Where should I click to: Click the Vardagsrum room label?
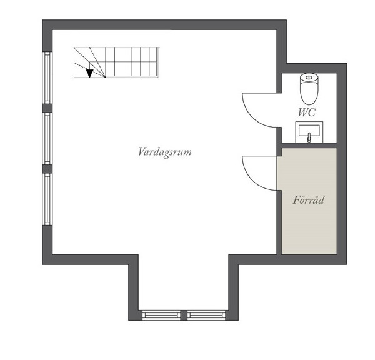(165, 152)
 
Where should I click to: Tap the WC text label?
(307, 112)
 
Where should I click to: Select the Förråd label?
(309, 200)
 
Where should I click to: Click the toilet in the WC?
(309, 89)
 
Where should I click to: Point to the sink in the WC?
(309, 132)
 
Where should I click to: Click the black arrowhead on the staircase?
(89, 73)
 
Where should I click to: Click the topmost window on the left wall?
(47, 77)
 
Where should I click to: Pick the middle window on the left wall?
(47, 138)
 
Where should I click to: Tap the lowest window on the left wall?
(47, 199)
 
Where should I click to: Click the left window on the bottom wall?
(161, 315)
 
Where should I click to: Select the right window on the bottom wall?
(206, 315)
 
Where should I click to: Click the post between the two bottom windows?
(184, 315)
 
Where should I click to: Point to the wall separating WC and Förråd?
(309, 145)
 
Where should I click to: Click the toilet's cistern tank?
(309, 78)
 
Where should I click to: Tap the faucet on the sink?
(309, 137)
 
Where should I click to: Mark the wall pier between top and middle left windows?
(47, 108)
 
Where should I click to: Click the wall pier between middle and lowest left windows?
(47, 169)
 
